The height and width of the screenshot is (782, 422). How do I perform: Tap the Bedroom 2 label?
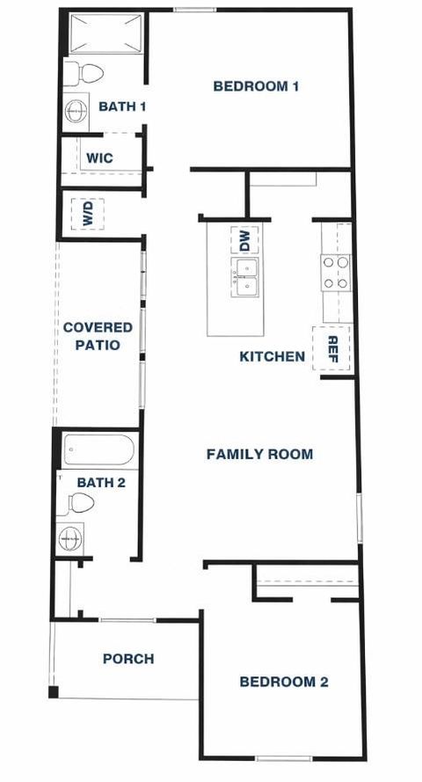coord(284,682)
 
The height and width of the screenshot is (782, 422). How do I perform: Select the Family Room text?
coord(259,455)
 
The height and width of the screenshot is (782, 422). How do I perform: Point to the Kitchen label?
coord(273,356)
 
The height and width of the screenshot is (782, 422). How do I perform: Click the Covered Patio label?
coord(98,336)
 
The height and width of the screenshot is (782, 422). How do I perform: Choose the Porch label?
coord(128,658)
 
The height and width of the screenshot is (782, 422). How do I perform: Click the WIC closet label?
coord(98,159)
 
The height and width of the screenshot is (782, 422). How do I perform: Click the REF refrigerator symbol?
coord(333,348)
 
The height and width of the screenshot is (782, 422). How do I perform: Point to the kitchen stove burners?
coord(336,272)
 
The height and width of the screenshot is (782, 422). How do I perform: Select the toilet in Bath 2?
coord(80,504)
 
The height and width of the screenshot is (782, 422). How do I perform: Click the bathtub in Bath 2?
coord(98,452)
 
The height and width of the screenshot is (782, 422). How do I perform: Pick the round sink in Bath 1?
coord(76,111)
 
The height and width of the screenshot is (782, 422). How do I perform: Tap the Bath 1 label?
coord(121,106)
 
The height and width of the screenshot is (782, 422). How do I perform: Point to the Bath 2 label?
coord(102,482)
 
